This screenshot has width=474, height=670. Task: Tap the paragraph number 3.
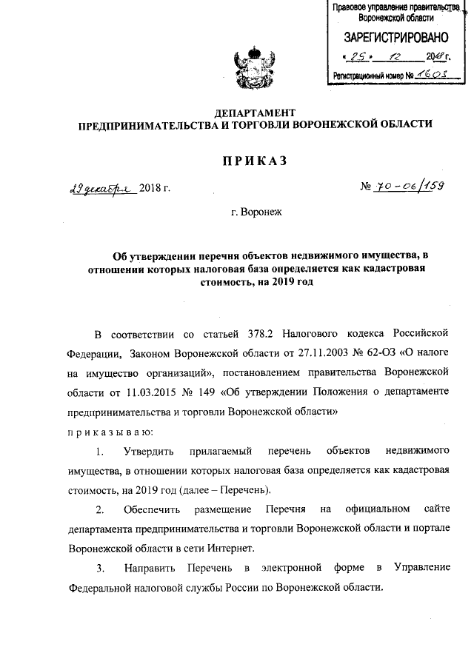[x=100, y=568]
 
